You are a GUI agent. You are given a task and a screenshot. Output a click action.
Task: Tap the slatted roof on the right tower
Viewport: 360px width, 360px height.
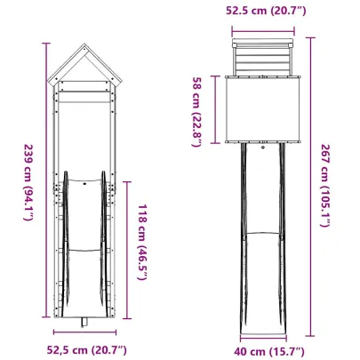coord(262,60)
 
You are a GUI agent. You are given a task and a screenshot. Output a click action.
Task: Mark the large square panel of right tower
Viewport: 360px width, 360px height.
coord(262,110)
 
